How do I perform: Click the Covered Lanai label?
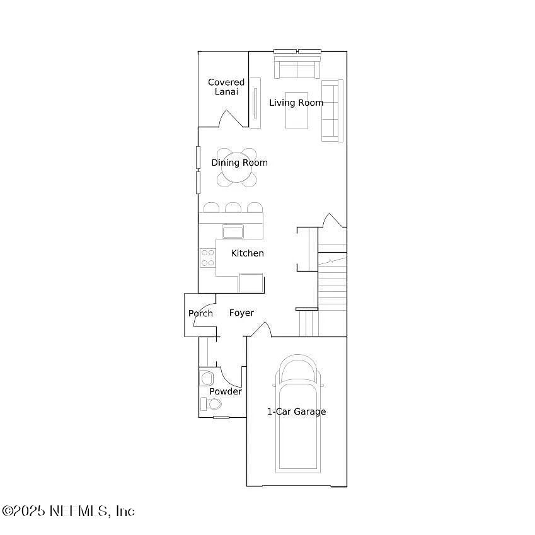(x=226, y=87)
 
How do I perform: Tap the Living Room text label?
(x=296, y=103)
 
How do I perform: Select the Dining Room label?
(x=239, y=163)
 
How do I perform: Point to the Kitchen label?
(x=247, y=253)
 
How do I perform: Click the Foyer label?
(x=241, y=313)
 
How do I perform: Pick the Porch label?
(x=200, y=314)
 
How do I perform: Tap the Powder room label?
(x=226, y=391)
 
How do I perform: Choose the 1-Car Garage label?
(x=296, y=411)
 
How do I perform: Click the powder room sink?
(x=206, y=378)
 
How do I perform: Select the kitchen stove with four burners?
(x=207, y=258)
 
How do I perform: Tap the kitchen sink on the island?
(x=233, y=231)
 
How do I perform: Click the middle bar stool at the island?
(x=233, y=207)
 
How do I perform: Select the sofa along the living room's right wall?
(x=332, y=110)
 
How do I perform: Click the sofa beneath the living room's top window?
(x=297, y=67)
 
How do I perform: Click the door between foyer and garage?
(x=261, y=329)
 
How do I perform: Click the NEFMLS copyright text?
(x=68, y=511)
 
